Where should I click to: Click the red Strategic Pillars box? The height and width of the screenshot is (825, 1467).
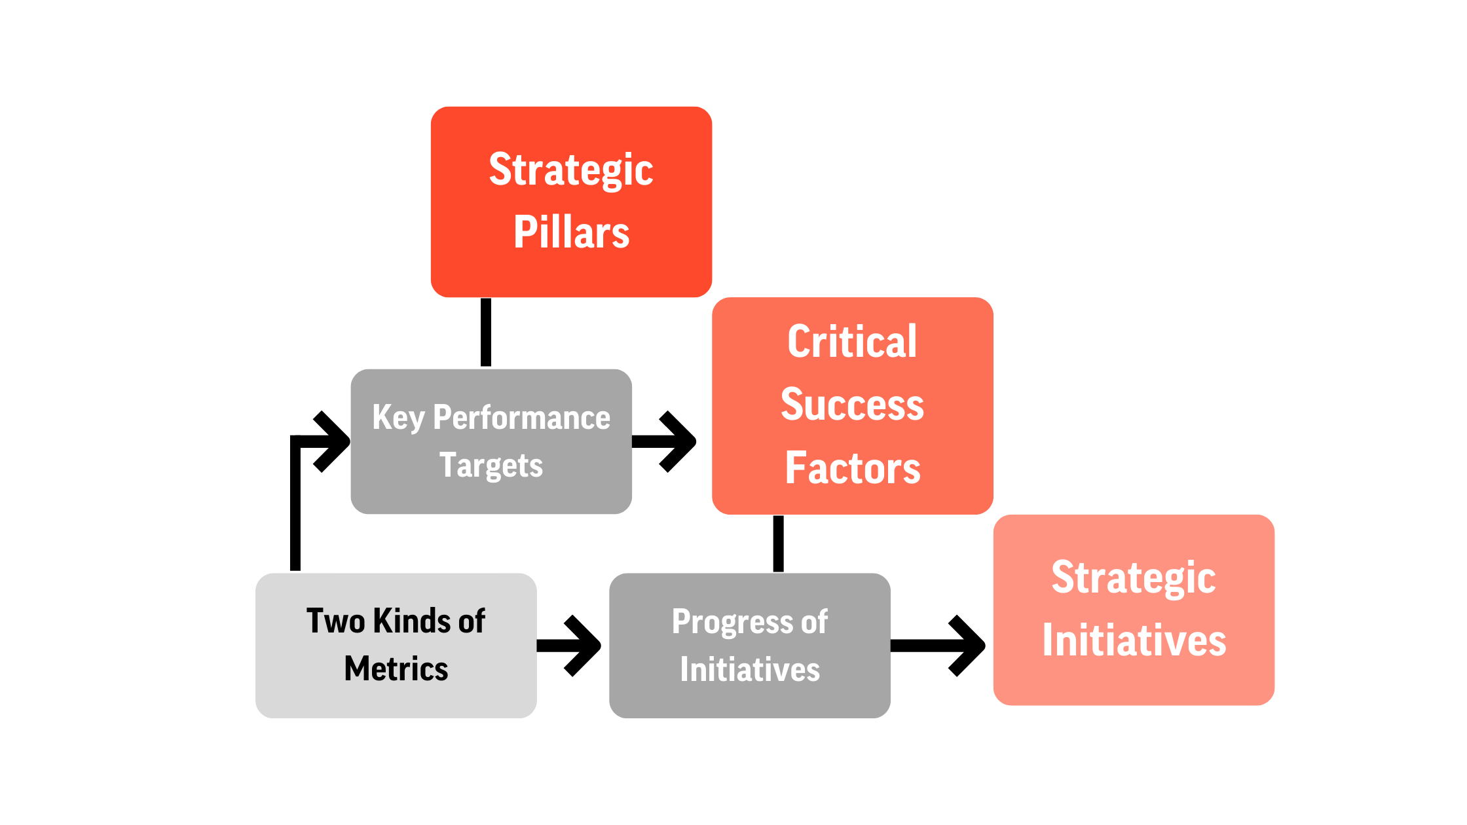(x=571, y=202)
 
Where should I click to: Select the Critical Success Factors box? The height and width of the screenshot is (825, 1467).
(x=853, y=406)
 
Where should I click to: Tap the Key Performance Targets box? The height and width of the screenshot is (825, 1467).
(x=491, y=441)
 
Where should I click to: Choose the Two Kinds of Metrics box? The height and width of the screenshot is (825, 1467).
(x=396, y=646)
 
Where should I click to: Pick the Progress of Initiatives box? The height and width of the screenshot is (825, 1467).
(x=750, y=646)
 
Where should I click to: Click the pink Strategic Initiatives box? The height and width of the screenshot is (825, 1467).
(x=1134, y=610)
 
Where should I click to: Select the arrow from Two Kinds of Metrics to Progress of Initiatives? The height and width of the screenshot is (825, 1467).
(x=568, y=646)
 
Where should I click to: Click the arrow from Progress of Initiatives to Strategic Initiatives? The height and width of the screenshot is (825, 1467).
(x=938, y=646)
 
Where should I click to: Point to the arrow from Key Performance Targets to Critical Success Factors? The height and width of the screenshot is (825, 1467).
(x=663, y=442)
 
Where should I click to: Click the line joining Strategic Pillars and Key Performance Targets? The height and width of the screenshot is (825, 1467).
(x=486, y=332)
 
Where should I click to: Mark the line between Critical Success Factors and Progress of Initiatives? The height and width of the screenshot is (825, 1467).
(x=778, y=543)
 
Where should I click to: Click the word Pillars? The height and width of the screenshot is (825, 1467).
(x=571, y=232)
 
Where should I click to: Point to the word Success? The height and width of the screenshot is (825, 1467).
(x=852, y=405)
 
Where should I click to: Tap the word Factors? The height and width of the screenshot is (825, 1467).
(x=853, y=467)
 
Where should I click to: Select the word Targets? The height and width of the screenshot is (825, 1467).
(x=491, y=466)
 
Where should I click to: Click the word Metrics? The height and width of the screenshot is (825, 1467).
(x=396, y=669)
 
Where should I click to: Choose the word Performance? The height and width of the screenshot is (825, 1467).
(x=522, y=418)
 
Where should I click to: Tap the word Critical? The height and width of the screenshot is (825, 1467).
(x=852, y=341)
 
